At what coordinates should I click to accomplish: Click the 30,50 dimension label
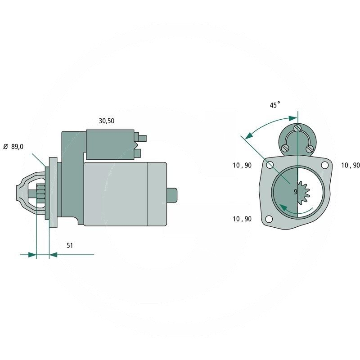(x=106, y=121)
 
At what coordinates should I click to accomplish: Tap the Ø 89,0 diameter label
(x=13, y=147)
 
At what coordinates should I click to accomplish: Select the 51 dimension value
(x=70, y=245)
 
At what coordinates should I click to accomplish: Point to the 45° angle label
(x=275, y=105)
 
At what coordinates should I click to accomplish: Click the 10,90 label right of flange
(x=351, y=165)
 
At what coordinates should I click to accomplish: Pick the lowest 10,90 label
(x=242, y=219)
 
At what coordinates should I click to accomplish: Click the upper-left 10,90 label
(x=242, y=165)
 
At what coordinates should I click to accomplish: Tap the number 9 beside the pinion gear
(x=296, y=192)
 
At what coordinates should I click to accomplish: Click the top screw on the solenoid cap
(x=297, y=128)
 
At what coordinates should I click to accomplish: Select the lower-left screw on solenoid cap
(x=285, y=148)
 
